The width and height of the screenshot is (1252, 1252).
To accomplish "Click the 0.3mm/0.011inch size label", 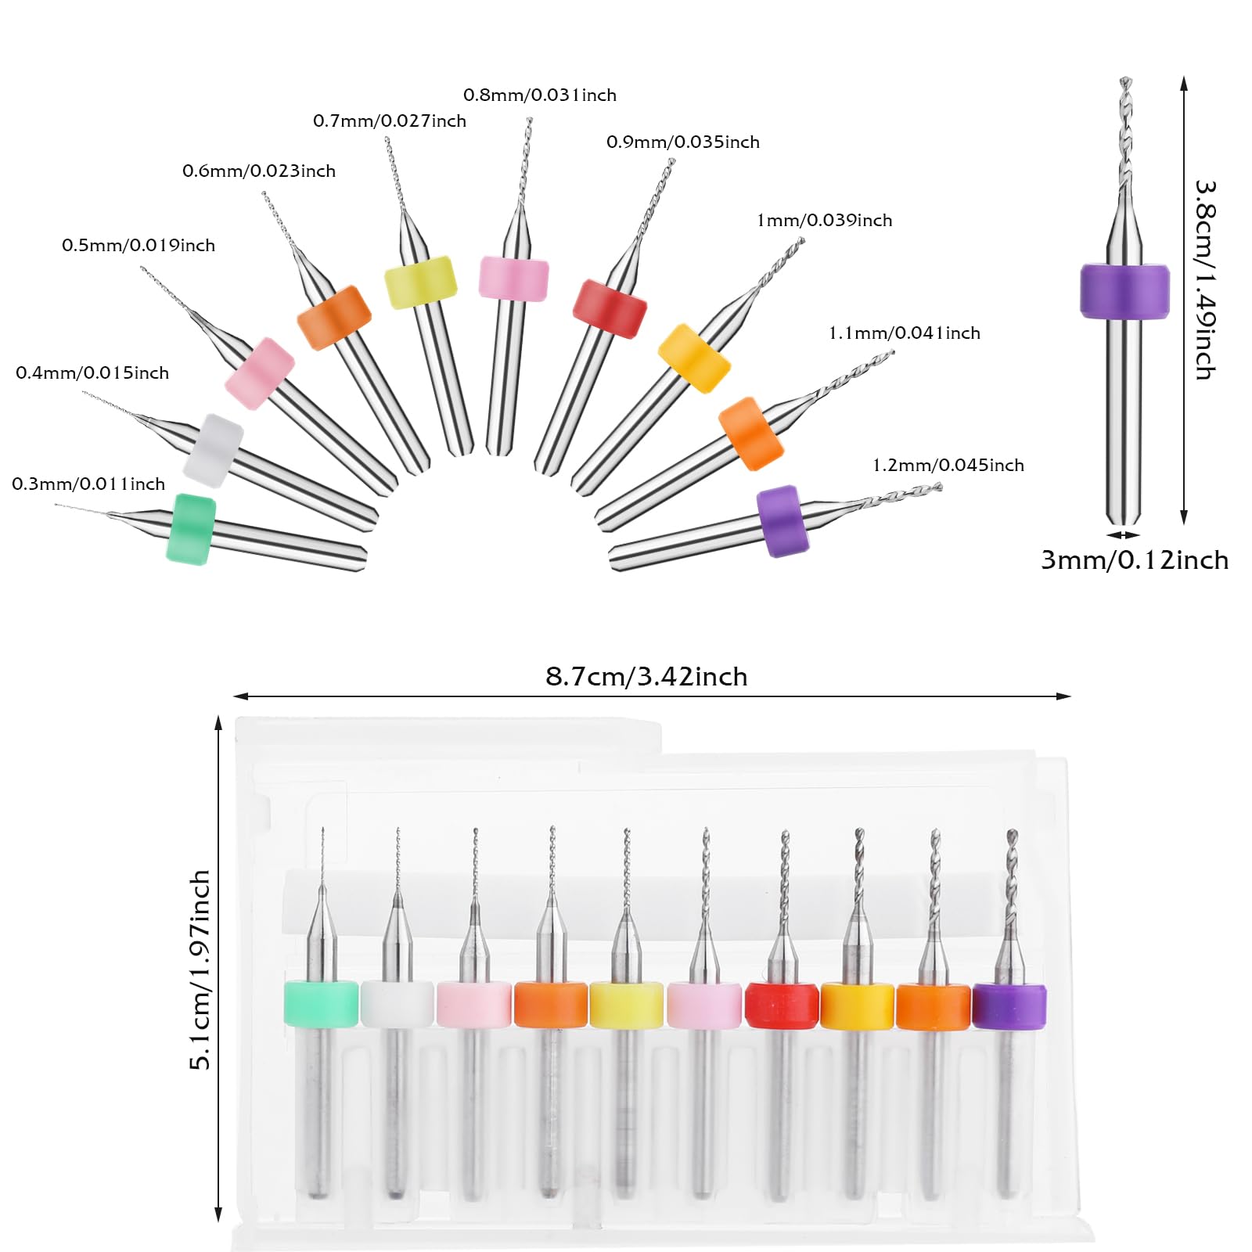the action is (88, 484).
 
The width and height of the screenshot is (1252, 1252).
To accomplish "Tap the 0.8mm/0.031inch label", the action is (540, 95).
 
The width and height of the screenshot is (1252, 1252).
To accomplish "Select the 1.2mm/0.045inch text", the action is (948, 465).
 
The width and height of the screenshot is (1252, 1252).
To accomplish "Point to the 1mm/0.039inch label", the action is (825, 220).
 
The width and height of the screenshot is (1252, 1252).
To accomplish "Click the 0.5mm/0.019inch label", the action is (139, 245).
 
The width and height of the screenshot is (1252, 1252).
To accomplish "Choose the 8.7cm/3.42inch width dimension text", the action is (646, 676).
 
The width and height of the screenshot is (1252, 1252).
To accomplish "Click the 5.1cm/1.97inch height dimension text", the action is (200, 970).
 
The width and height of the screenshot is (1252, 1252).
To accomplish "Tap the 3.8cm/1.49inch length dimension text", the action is (1205, 280).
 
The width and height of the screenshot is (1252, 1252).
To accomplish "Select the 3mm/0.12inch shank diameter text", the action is (1135, 559).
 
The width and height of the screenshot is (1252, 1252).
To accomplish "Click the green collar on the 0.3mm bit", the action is (191, 528).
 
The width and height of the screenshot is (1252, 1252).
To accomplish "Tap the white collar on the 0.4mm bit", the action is (214, 450).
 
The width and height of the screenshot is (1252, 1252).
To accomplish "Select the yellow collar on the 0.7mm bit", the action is (421, 282).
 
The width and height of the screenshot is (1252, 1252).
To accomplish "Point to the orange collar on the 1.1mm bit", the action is (751, 434).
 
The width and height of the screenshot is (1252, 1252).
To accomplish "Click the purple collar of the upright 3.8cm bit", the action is (1124, 291).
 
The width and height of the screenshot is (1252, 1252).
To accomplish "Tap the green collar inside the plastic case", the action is (321, 1003).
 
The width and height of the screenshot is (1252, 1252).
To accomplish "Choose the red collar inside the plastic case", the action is (782, 1006).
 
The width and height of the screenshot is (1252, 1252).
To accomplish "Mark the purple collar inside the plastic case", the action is (1009, 1006).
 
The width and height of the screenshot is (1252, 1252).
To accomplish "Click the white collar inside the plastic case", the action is (398, 1003).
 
